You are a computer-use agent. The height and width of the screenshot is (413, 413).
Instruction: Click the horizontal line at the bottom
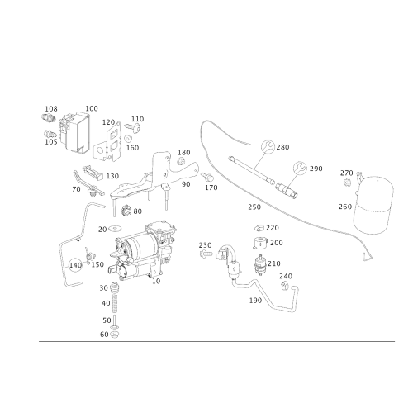[206, 341]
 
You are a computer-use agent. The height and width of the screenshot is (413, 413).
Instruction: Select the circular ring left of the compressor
[75, 264]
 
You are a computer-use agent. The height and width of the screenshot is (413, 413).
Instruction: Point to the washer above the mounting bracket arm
[180, 157]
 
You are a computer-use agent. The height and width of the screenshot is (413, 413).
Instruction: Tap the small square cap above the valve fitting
[259, 243]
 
